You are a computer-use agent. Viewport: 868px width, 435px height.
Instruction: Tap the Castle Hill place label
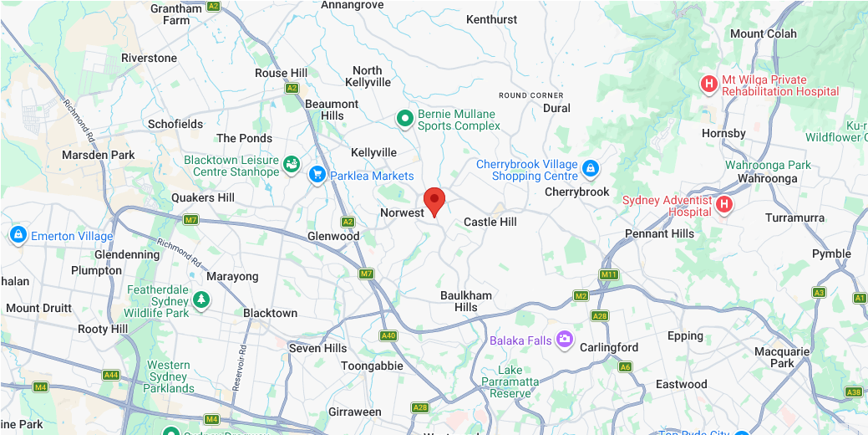coord(490,222)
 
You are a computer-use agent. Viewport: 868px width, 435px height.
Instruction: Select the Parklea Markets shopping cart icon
coord(317,174)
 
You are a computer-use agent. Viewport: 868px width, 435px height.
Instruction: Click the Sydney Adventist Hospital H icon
coord(724,203)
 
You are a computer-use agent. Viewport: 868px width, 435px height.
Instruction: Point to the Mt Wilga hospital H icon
coord(709,83)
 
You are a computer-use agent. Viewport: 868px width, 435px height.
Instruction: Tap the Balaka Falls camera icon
coord(566,339)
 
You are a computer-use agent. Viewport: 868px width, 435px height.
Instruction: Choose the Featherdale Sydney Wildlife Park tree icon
coord(201,299)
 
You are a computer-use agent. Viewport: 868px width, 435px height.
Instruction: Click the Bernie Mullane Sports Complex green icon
coord(405,119)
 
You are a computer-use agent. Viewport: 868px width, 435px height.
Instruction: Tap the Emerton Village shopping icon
coord(18,235)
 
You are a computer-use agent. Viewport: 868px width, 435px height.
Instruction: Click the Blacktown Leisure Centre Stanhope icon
coord(292,164)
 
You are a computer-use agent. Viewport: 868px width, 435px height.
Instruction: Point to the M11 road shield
coord(608,274)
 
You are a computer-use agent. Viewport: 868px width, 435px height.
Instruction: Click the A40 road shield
coord(388,335)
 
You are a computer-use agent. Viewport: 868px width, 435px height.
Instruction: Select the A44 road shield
coord(111,375)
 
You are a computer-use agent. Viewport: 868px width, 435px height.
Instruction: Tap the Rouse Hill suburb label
coord(281,73)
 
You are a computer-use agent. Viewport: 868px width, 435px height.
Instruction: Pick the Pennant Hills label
coord(659,233)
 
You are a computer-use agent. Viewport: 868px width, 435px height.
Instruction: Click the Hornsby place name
coord(723,133)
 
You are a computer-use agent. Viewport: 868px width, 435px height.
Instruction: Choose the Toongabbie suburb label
coord(372,366)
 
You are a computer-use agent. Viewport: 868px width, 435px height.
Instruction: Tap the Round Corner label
coord(530,95)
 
